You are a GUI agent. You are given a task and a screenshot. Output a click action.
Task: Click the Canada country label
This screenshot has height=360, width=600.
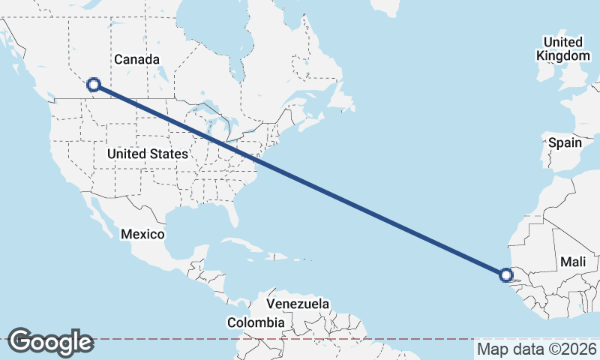click(137, 59)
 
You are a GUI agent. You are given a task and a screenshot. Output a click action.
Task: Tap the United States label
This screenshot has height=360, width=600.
click(147, 154)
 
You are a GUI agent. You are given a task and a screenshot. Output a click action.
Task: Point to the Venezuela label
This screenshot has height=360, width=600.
click(298, 304)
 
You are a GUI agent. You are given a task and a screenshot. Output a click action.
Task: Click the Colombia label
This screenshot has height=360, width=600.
click(256, 322)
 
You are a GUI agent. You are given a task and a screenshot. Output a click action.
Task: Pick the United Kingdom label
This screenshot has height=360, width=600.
click(563, 48)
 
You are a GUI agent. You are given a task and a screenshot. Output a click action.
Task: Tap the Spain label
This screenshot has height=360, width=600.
click(565, 142)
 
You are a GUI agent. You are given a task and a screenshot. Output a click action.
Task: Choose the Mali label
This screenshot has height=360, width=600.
click(572, 262)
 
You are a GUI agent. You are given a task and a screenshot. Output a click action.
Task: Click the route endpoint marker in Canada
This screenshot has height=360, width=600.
click(94, 85)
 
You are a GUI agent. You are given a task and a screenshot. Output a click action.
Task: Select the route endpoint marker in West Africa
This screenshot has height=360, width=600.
click(507, 275)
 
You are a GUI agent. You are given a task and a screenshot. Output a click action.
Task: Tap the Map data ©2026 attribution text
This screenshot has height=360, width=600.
click(536, 349)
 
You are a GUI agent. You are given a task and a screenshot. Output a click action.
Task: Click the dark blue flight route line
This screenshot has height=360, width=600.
click(300, 180)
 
